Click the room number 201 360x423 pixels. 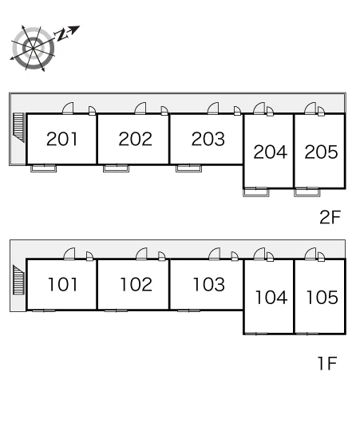pos(61,139)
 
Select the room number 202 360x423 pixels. pos(135,139)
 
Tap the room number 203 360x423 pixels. pos(208,139)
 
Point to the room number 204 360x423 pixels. pos(270,152)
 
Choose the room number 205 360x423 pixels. pos(321,152)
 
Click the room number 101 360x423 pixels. pos(63,284)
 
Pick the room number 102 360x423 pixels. pos(136,284)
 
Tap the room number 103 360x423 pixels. pos(209,284)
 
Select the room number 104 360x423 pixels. pos(271,297)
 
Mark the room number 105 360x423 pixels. pos(322,297)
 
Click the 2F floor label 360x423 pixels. pos(330,217)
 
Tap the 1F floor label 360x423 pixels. pos(327,363)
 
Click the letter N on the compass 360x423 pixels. pos(61,34)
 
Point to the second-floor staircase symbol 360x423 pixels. pos(18,128)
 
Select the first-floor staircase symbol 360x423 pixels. pos(18,280)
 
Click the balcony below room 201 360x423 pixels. pos(43,168)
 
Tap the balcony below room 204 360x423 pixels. pos(256,192)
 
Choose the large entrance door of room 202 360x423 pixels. pos(140,109)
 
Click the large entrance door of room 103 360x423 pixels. pos(215,254)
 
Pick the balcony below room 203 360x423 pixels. pos(188,168)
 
